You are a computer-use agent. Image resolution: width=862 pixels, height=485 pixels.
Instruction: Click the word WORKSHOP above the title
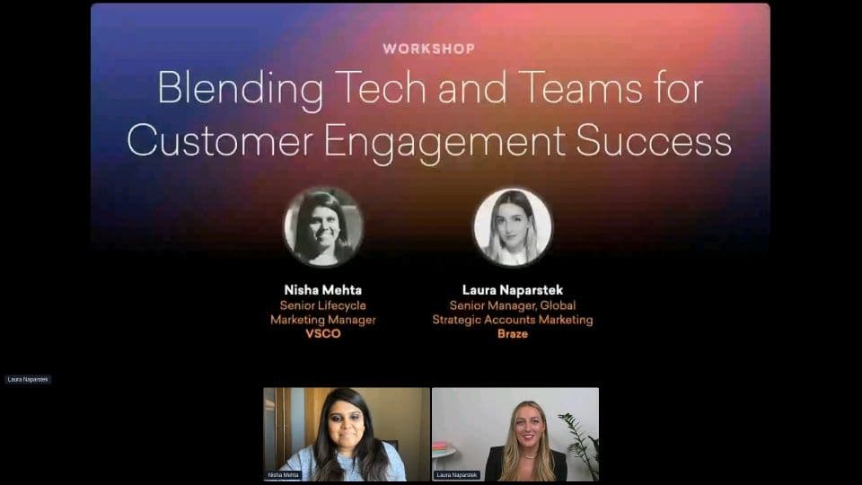(429, 48)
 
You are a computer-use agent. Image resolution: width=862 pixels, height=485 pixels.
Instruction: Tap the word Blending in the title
(241, 89)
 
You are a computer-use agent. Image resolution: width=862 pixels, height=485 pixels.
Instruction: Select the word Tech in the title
(381, 87)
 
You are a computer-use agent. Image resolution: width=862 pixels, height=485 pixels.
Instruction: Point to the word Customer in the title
(220, 140)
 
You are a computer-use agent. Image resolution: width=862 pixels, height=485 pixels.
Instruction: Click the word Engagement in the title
(444, 143)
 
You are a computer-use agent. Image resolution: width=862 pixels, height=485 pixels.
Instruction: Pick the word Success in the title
(654, 140)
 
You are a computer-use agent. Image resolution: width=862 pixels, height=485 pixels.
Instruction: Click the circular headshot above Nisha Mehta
(323, 227)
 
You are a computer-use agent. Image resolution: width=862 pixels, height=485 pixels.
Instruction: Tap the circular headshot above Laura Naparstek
(513, 227)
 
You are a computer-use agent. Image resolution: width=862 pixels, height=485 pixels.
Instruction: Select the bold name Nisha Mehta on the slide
(322, 290)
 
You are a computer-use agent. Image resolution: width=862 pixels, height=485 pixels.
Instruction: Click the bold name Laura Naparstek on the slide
(513, 290)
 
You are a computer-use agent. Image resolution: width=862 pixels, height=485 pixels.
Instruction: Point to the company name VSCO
(323, 334)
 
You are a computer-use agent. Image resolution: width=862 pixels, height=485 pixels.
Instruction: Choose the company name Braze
(513, 334)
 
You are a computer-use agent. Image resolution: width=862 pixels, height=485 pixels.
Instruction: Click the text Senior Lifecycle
(322, 305)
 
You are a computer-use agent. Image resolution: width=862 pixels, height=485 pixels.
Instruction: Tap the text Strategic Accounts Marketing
(513, 320)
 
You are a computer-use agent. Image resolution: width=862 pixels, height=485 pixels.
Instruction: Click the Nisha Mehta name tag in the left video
(283, 474)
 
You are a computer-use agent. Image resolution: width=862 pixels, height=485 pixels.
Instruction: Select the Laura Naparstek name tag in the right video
(457, 474)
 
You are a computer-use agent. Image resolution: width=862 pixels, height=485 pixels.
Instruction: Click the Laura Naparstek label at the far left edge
(28, 379)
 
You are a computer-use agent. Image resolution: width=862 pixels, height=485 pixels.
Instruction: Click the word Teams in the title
(579, 87)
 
